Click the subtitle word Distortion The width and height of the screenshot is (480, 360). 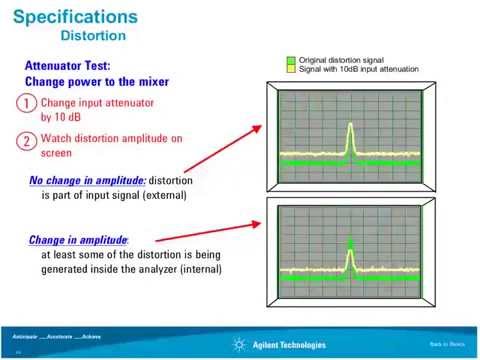(93, 36)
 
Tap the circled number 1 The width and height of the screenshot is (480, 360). (29, 103)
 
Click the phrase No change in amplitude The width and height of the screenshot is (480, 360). (87, 181)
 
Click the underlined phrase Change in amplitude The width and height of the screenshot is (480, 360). (78, 240)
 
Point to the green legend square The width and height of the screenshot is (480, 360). (290, 61)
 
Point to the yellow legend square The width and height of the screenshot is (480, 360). (290, 69)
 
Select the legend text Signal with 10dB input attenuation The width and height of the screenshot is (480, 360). (358, 69)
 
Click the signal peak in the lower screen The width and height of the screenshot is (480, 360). (350, 245)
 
